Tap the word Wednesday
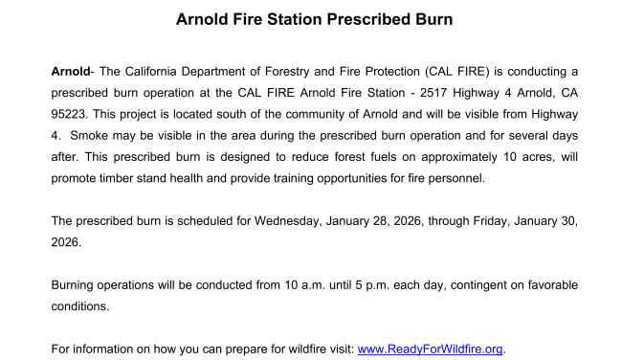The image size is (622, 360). click(x=291, y=221)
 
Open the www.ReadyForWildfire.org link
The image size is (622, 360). click(x=430, y=349)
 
